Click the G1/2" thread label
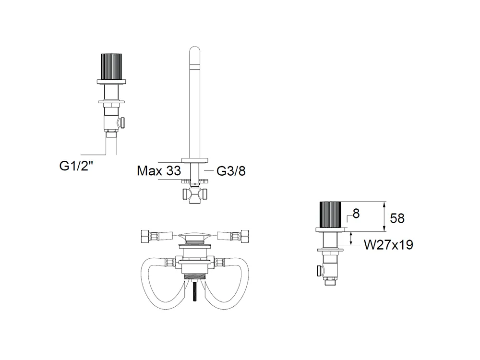(x=76, y=166)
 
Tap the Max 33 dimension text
(x=159, y=171)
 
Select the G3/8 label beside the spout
(x=231, y=171)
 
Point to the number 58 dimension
(x=397, y=218)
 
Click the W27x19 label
(x=388, y=245)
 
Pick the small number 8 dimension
(x=356, y=214)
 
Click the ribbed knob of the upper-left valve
(x=111, y=67)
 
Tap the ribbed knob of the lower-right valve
(x=330, y=215)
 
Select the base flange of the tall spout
(x=195, y=160)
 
